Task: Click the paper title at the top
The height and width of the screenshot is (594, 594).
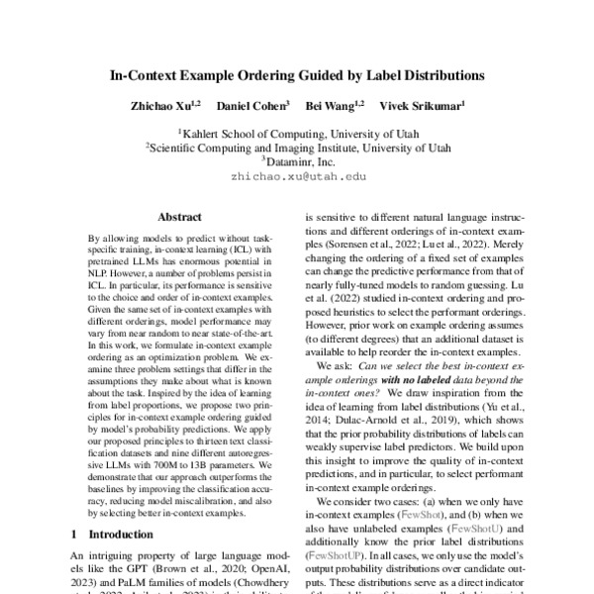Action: [297, 74]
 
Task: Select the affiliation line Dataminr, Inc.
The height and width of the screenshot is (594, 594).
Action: [298, 160]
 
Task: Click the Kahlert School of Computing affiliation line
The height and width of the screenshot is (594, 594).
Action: [297, 132]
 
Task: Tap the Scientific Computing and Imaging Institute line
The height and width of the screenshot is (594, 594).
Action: [297, 147]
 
